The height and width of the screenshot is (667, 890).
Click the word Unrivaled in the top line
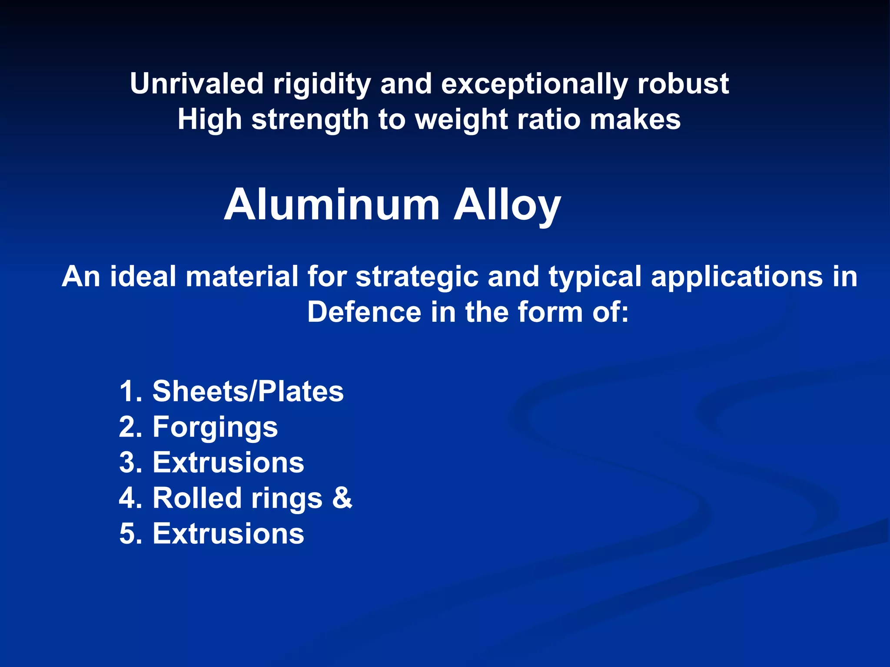(x=196, y=83)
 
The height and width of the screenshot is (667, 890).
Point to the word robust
(x=683, y=83)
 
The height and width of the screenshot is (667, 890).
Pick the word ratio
(x=548, y=119)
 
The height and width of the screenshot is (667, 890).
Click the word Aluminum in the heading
(x=332, y=205)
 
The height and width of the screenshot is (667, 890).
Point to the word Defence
(x=364, y=312)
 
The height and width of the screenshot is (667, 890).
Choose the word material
(x=242, y=277)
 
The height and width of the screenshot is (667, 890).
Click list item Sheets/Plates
(x=248, y=391)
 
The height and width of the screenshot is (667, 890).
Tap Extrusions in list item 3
(x=228, y=462)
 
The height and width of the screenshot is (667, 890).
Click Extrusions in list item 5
(x=228, y=534)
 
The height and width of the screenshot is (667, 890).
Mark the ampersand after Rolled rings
(x=342, y=498)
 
